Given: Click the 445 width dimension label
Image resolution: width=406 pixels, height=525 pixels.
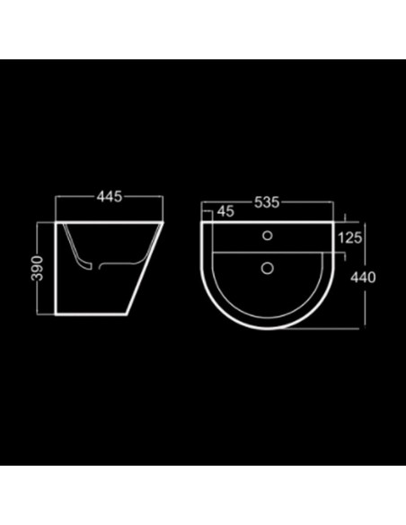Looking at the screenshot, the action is [x=110, y=197].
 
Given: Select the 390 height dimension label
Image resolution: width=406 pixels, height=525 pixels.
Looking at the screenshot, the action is [x=37, y=268].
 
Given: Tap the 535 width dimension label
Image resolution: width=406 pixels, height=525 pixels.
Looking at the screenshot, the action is [x=267, y=202].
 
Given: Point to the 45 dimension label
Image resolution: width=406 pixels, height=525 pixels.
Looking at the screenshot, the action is [x=225, y=211].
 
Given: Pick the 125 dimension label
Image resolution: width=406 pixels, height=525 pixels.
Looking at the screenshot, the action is [x=349, y=238].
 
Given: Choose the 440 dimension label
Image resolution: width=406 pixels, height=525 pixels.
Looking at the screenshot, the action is [x=363, y=278].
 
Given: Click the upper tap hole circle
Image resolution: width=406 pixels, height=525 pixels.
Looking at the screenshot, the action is [x=267, y=236].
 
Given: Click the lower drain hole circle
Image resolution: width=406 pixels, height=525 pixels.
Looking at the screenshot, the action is [x=267, y=268].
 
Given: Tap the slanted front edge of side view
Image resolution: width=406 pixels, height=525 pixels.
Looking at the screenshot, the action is [x=145, y=269].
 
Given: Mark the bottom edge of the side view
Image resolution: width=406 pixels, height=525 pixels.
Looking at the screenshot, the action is [x=91, y=315].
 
